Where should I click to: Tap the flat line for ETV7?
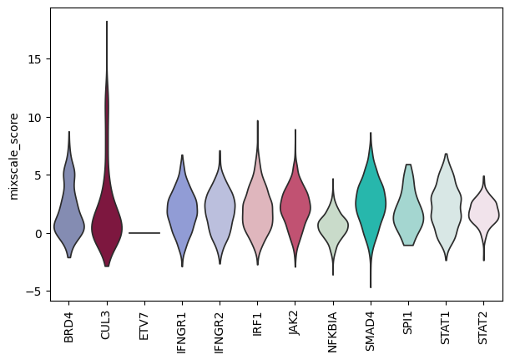(x=144, y=233)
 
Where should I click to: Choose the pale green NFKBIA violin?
(x=333, y=226)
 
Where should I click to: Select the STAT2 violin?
(x=483, y=214)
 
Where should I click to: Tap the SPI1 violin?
(x=408, y=215)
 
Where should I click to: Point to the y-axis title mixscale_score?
(x=14, y=156)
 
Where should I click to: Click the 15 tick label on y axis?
(x=34, y=59)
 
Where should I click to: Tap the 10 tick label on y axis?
(x=34, y=118)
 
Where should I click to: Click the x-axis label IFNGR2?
(x=220, y=332)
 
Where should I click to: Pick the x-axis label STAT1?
(x=445, y=327)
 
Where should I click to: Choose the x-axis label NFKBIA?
(x=332, y=332)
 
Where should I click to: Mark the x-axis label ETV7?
(x=144, y=326)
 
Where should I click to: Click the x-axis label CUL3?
(x=106, y=326)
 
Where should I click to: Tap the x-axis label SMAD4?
(x=370, y=331)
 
